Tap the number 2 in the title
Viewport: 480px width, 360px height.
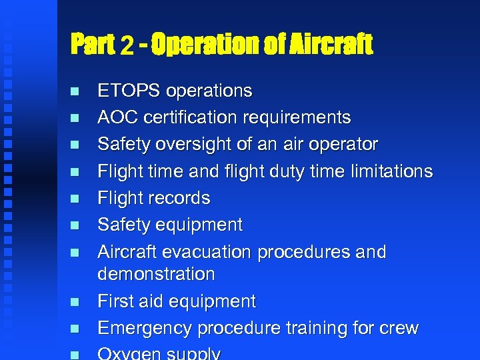point(127,45)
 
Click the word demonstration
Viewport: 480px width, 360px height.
point(156,274)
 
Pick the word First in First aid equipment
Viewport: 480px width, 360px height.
point(115,301)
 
